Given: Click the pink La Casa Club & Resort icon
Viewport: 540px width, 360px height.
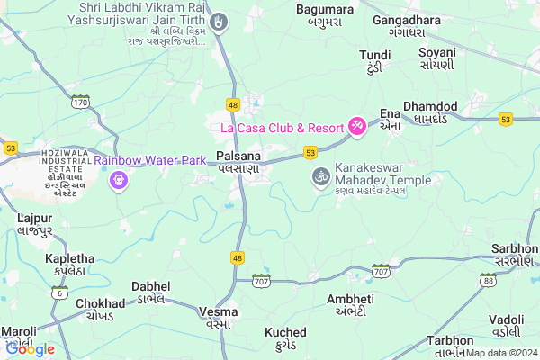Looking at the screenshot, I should [x=357, y=125].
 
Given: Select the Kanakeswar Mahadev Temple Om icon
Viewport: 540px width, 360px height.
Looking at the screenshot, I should [x=318, y=176].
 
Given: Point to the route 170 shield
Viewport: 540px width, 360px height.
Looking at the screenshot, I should [x=81, y=103].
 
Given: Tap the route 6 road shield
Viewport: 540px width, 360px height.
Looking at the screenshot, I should [x=60, y=292].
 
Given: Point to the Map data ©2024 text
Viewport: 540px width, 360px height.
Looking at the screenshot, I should [x=502, y=354].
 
